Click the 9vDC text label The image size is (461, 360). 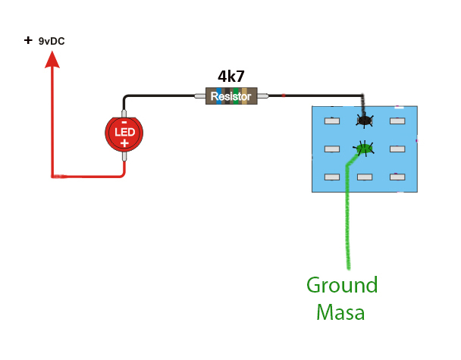click(x=52, y=41)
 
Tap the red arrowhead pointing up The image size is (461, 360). click(x=52, y=58)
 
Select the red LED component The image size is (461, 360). click(x=124, y=133)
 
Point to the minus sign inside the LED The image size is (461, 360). click(x=124, y=122)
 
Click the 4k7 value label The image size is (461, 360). click(x=231, y=77)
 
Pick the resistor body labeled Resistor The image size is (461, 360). click(x=231, y=95)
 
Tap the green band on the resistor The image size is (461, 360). click(x=237, y=95)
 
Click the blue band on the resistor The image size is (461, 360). click(x=219, y=95)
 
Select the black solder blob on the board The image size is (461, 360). click(x=365, y=120)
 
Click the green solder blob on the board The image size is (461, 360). click(x=364, y=149)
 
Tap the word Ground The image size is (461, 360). click(x=341, y=286)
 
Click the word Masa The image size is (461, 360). click(x=340, y=311)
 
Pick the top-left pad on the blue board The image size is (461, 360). click(x=331, y=121)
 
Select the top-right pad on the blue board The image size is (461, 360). click(x=397, y=121)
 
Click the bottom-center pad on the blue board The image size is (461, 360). click(x=365, y=177)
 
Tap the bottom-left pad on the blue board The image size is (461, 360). click(x=331, y=177)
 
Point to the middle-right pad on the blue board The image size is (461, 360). click(x=397, y=149)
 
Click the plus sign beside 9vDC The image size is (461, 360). click(x=28, y=39)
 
